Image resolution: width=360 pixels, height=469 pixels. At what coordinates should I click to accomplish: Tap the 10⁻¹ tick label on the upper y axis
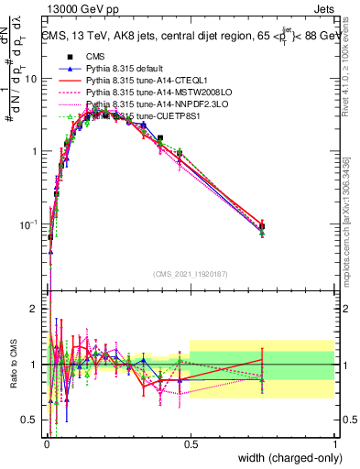[31, 223]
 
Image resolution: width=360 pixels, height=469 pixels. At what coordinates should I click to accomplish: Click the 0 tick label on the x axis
[46, 443]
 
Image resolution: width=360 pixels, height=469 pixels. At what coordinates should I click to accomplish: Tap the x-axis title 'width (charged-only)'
[287, 457]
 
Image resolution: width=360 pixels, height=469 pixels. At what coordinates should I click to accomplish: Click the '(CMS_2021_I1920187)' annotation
[191, 274]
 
